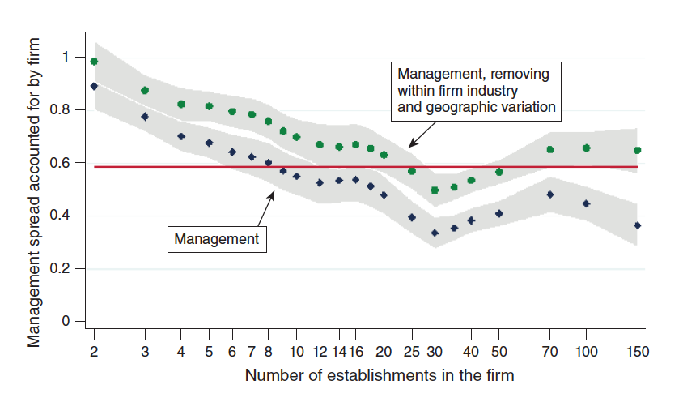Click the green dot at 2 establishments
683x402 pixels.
coord(95,62)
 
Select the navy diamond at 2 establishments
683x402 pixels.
coord(95,87)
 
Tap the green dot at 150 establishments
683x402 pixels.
coord(638,150)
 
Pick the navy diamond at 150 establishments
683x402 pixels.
coord(638,225)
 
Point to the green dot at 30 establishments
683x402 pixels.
coord(435,190)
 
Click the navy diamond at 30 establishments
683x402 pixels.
coord(435,233)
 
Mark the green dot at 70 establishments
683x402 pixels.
coord(550,149)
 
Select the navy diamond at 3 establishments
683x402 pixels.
coord(145,117)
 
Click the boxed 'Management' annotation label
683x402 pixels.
coord(216,239)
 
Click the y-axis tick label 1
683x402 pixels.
coord(66,57)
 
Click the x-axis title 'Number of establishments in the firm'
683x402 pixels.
coord(380,375)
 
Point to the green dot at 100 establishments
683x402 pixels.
coord(587,148)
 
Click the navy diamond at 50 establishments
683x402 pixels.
coord(499,214)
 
